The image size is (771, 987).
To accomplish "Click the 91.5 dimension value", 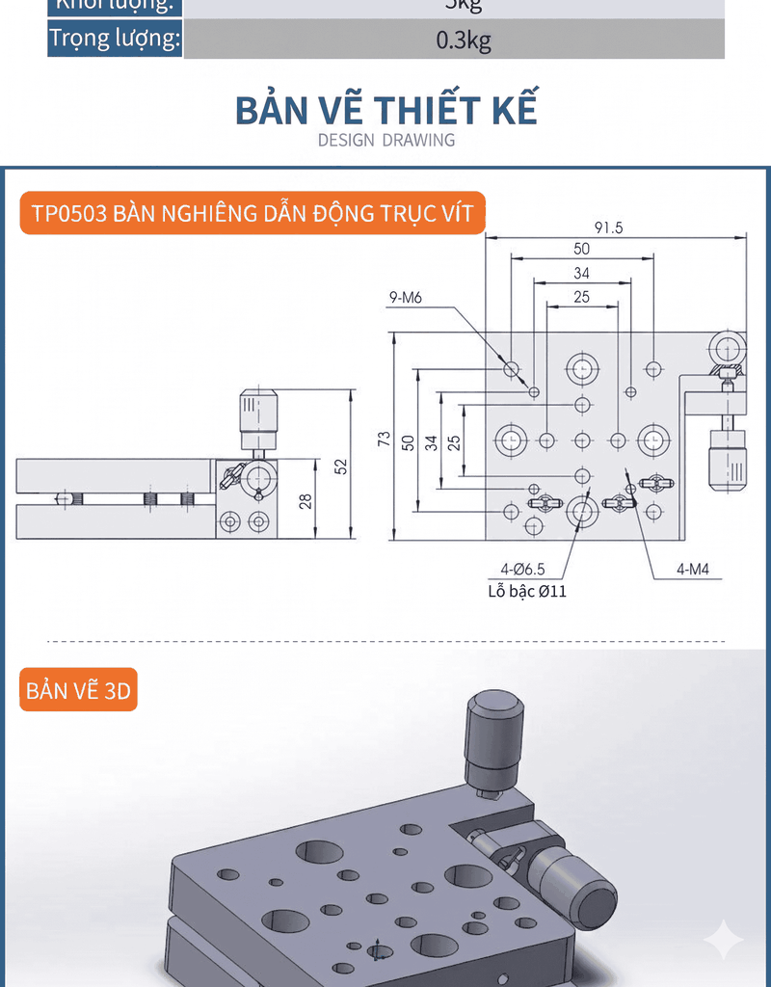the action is [x=608, y=227].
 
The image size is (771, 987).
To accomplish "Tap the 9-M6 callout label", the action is [x=406, y=298].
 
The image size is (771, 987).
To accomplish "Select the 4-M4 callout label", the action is [x=692, y=570].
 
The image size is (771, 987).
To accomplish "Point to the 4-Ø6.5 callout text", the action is [x=522, y=570].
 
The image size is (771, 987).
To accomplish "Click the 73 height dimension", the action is [x=385, y=439].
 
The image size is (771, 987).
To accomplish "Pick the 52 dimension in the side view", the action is [x=340, y=466].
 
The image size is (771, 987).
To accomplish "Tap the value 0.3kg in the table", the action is [x=463, y=40].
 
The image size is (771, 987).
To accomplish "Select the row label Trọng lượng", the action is [x=115, y=40].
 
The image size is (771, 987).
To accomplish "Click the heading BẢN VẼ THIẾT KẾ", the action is [x=386, y=109].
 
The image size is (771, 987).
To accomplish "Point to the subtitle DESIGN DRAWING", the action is [x=386, y=140].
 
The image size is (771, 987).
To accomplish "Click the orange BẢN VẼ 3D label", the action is [x=78, y=691].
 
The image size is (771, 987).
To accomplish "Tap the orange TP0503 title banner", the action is [x=253, y=213].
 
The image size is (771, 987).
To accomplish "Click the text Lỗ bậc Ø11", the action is [x=526, y=591].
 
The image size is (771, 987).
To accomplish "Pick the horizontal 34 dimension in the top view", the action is [x=581, y=273].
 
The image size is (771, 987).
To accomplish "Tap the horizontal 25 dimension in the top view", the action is [x=581, y=297].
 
